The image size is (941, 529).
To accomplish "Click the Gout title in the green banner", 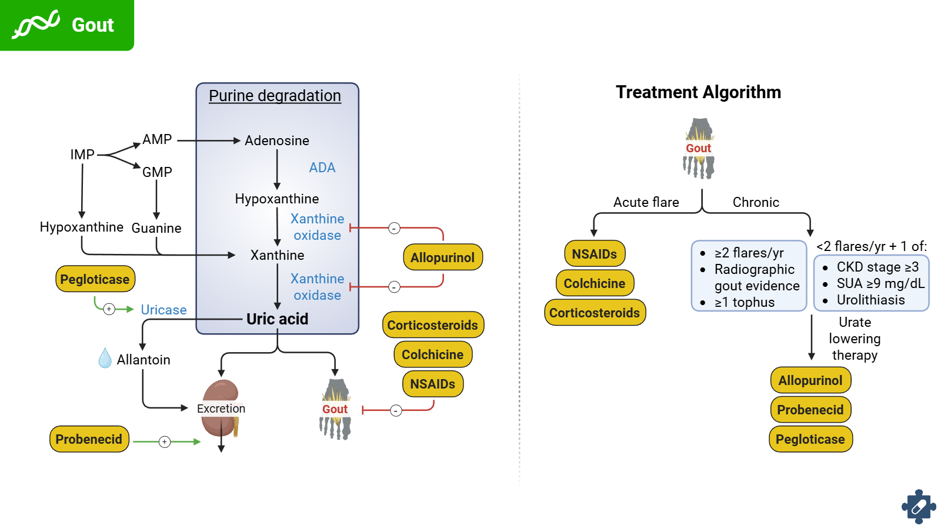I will click(x=92, y=25).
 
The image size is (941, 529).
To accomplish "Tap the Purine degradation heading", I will click(x=275, y=96).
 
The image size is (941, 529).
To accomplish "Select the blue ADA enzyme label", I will click(x=322, y=168).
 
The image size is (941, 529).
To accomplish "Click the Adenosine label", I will click(x=276, y=140).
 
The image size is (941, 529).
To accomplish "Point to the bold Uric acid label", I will click(x=277, y=319).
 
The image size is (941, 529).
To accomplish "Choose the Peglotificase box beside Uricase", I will click(x=95, y=279).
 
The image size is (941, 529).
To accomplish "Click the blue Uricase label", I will click(x=163, y=310).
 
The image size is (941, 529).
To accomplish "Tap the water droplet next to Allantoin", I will click(x=105, y=358).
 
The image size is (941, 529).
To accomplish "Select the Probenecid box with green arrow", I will click(x=89, y=439).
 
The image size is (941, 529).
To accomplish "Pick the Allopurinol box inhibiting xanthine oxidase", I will click(x=442, y=257).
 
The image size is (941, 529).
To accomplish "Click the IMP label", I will click(x=82, y=155).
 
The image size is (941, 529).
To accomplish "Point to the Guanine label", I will click(x=156, y=228).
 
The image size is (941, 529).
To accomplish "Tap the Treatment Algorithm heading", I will click(x=698, y=92).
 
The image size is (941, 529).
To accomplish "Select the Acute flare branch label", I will click(x=646, y=202).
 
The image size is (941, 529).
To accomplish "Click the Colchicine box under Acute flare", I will click(x=595, y=283).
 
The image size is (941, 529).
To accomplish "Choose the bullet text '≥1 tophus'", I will click(x=745, y=302).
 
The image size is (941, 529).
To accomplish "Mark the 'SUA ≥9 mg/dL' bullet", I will click(x=880, y=283).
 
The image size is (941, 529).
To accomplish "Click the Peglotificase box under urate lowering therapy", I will click(x=810, y=439).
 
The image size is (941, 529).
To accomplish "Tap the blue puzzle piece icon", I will click(x=919, y=506).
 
